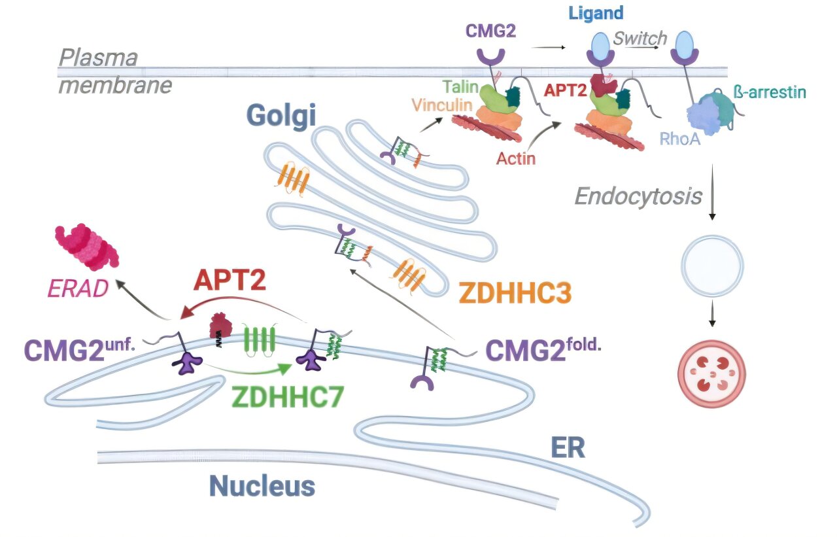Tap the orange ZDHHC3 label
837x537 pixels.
tap(515, 292)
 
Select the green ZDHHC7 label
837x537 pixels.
tap(287, 396)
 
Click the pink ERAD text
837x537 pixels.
tap(78, 288)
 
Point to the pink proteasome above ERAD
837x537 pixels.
tap(87, 247)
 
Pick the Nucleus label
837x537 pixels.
tap(262, 486)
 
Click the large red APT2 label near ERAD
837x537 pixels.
tap(230, 279)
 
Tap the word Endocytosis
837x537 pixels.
tap(638, 197)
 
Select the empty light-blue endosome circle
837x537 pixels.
tap(712, 266)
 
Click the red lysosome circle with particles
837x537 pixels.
tap(712, 373)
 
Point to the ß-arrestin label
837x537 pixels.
tap(770, 92)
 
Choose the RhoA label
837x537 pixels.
tap(679, 139)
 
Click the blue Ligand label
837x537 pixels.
tap(596, 14)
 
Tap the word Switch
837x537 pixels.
tap(640, 38)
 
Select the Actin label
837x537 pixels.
tap(516, 159)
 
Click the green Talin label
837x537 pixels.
tap(461, 87)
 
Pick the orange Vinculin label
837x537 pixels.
tap(442, 105)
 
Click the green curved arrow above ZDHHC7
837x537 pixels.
tap(248, 370)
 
